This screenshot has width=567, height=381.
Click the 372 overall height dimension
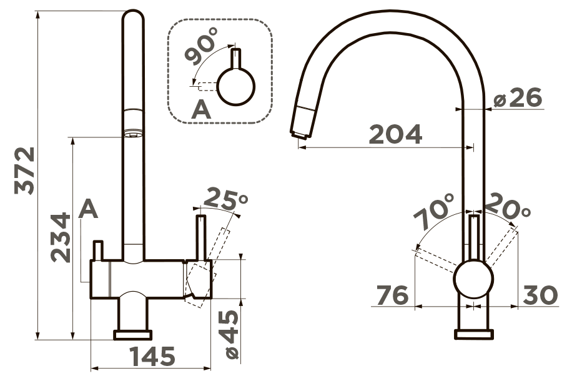tap(24, 171)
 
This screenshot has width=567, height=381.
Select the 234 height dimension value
tap(61, 237)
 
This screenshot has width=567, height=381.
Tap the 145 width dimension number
tap(152, 356)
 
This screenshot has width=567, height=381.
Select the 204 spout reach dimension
tap(396, 134)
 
